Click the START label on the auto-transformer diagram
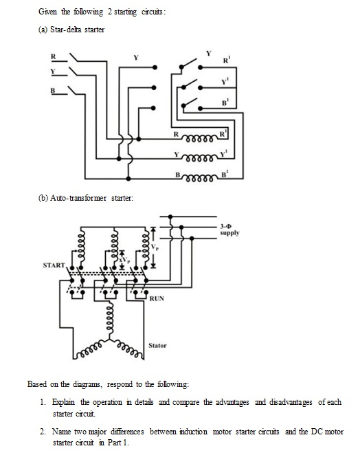(x=54, y=264)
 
